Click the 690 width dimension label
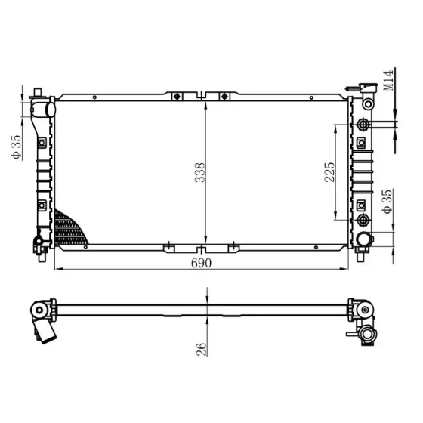point(201,263)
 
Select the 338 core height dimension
point(200,173)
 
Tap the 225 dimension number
point(329,172)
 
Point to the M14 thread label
point(388,80)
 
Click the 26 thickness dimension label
point(202,350)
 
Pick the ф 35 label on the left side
point(16,147)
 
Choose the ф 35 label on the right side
point(387,202)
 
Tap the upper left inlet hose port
point(51,109)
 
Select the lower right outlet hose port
point(364,239)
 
